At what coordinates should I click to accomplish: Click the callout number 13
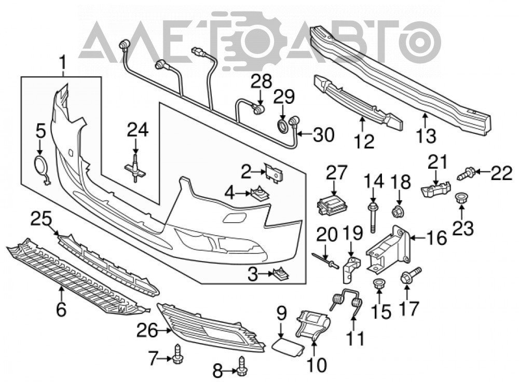426,135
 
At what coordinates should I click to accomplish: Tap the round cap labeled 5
41,165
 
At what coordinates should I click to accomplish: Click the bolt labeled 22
467,172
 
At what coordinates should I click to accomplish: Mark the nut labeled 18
398,211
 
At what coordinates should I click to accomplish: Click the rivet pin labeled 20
325,261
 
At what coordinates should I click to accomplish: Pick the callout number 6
61,309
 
